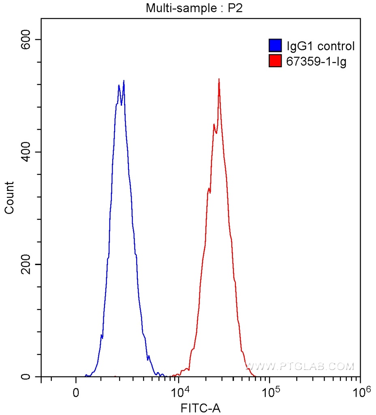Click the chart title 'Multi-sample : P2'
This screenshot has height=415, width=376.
pyautogui.click(x=194, y=8)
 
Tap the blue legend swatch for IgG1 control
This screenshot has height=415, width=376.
pyautogui.click(x=275, y=45)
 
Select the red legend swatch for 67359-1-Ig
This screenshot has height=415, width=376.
pyautogui.click(x=275, y=62)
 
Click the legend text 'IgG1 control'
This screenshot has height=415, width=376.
pyautogui.click(x=320, y=46)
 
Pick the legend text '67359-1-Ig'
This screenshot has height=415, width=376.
pyautogui.click(x=316, y=62)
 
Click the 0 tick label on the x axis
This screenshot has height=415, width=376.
pyautogui.click(x=76, y=393)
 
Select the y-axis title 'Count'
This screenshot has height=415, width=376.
pyautogui.click(x=9, y=197)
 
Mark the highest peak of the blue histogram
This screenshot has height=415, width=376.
pyautogui.click(x=124, y=81)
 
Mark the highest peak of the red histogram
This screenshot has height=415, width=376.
pyautogui.click(x=219, y=79)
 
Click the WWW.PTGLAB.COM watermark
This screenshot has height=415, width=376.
pyautogui.click(x=300, y=367)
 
